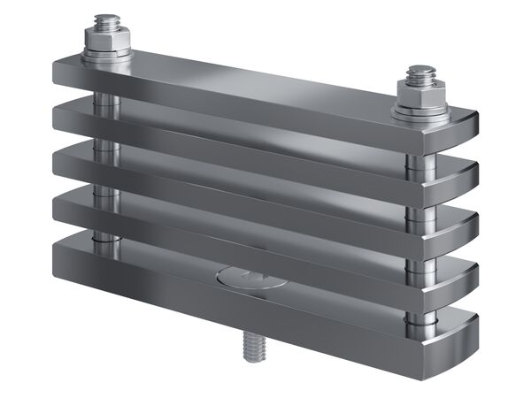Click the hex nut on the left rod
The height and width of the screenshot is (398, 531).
coord(107,40)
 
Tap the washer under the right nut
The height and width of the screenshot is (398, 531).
coord(421,112)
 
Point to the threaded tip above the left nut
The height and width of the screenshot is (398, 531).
coord(108,19)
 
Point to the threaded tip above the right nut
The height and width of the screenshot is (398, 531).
coord(422,72)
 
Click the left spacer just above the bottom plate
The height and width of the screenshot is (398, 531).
coord(105,237)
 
